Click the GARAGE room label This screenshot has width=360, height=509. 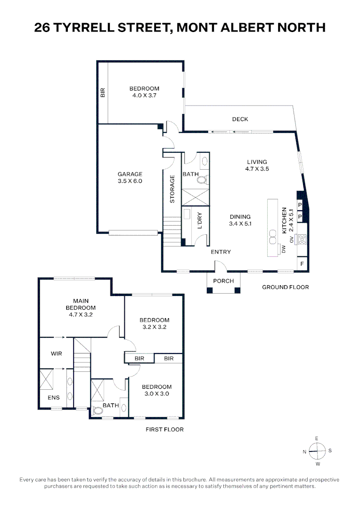130,174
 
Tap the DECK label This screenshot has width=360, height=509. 240,119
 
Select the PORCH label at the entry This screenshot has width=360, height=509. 223,281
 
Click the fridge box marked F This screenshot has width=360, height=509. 302,263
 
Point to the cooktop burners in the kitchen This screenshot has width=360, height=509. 302,239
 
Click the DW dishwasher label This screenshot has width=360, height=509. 284,249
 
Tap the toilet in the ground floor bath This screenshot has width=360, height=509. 202,179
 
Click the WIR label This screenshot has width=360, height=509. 56,353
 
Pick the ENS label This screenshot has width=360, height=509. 54,398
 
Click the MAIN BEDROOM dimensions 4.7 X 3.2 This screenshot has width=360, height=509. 81,314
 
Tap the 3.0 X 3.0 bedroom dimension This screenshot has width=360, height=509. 156,394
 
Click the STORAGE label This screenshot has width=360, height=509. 172,189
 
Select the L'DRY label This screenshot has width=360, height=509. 200,221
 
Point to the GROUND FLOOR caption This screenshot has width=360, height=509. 286,287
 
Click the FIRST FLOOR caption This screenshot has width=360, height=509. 164,429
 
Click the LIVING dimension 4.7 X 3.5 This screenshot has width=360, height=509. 257,169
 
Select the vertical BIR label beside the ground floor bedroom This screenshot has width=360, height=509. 103,93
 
